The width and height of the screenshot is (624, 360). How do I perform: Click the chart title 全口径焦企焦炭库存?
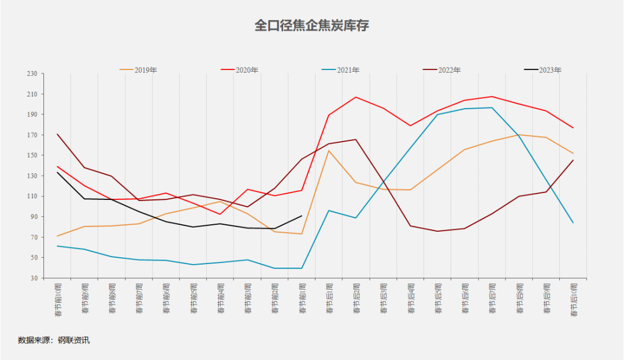pyautogui.click(x=311, y=26)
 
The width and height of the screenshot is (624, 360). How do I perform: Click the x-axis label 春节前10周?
pyautogui.click(x=58, y=300)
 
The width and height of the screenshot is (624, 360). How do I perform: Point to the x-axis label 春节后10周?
pyautogui.click(x=574, y=300)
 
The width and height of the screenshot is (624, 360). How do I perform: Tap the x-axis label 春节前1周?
pyautogui.click(x=302, y=299)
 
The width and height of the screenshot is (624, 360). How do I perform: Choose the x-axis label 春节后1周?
pyautogui.click(x=329, y=299)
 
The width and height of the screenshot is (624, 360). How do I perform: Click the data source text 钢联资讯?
pyautogui.click(x=73, y=340)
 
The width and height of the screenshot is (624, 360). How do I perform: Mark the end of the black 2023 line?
pyautogui.click(x=302, y=216)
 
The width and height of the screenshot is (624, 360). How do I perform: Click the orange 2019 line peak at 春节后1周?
pyautogui.click(x=329, y=151)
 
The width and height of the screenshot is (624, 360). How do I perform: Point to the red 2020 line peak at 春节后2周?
pyautogui.click(x=356, y=97)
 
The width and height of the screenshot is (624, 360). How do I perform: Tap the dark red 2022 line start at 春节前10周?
pyautogui.click(x=57, y=134)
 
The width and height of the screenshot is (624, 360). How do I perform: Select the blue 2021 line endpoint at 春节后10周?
pyautogui.click(x=573, y=223)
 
